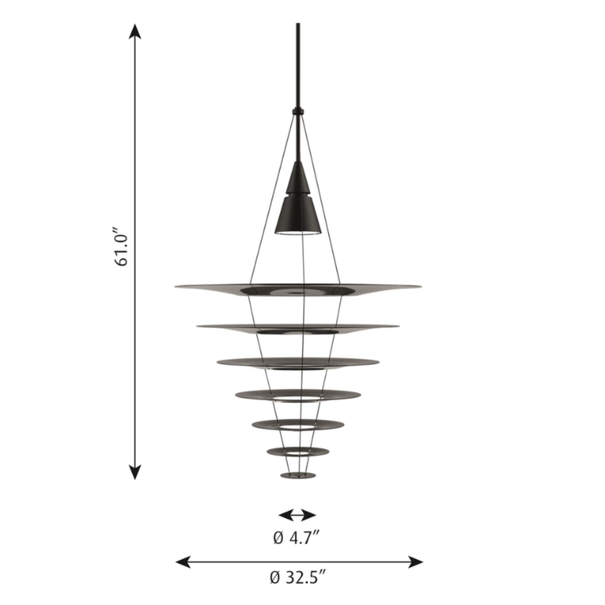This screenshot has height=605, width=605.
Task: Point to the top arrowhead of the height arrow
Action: click(135, 32)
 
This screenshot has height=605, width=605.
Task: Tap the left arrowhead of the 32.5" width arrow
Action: click(183, 562)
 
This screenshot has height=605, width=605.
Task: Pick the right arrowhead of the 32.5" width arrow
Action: click(415, 562)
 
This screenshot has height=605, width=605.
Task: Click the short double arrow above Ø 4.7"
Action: click(297, 515)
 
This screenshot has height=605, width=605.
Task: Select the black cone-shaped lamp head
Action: click(298, 198)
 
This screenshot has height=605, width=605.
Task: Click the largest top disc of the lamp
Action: click(298, 290)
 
